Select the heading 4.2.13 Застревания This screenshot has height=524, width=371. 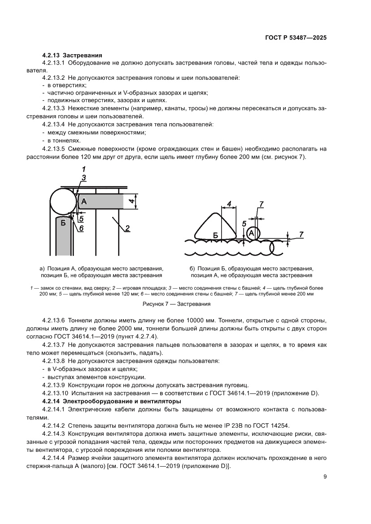[x=72, y=56]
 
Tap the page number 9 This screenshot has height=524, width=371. [x=325, y=477]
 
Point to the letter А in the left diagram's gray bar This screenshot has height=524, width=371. [x=84, y=202]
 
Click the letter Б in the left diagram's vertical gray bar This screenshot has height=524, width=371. [x=63, y=223]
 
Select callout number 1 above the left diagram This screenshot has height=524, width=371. [x=83, y=169]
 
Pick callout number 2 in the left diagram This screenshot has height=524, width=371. [x=127, y=229]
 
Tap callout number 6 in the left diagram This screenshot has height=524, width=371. [x=82, y=228]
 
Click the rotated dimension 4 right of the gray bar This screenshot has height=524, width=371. [x=131, y=201]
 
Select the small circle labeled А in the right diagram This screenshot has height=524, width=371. [x=252, y=233]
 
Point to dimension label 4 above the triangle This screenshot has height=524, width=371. [x=229, y=204]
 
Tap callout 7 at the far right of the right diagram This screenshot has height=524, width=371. [x=301, y=234]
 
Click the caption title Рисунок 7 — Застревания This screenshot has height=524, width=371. [x=176, y=303]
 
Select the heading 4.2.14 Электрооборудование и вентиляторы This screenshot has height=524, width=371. [x=111, y=401]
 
